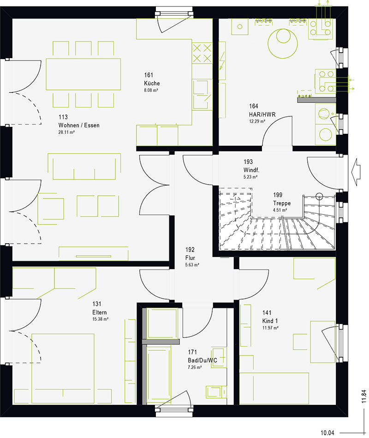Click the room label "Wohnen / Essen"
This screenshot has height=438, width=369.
[x=78, y=125]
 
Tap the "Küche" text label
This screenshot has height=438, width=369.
[x=151, y=84]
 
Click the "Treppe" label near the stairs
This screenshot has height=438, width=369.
[x=281, y=203]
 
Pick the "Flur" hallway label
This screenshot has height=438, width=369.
[x=190, y=258]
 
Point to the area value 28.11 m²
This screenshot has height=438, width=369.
[x=66, y=132]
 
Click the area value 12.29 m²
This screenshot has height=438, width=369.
[x=256, y=121]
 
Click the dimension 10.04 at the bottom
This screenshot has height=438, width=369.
[x=327, y=433]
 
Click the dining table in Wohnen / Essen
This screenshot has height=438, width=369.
[x=83, y=74]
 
